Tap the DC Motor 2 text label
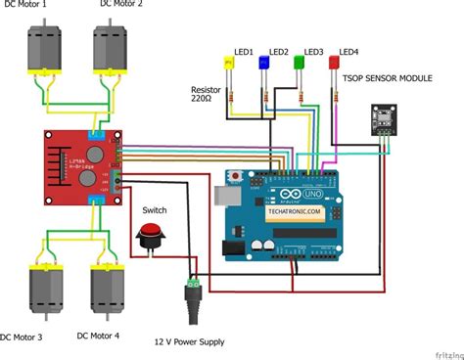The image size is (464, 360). coord(121,6)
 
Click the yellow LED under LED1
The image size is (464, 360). coord(231,64)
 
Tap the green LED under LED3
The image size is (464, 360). coord(300,64)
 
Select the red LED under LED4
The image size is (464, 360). coord(334,64)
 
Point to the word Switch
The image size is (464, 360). coord(155,209)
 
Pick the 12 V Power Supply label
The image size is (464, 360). coord(190,341)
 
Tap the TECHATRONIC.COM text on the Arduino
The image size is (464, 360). coord(293,210)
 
